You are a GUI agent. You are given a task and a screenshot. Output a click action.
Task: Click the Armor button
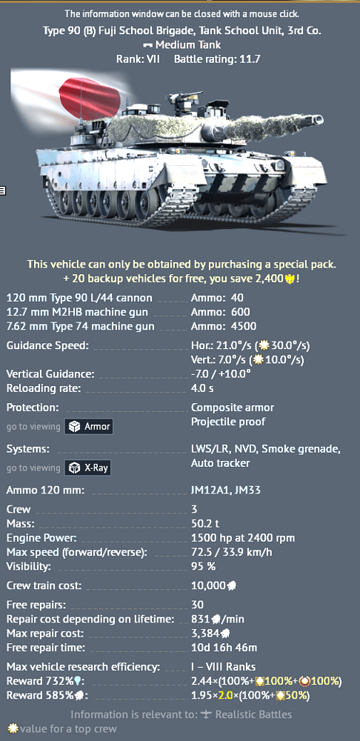click(88, 427)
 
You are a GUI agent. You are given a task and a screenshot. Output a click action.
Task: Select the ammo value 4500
click(244, 326)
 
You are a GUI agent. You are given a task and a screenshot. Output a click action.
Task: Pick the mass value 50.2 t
click(205, 524)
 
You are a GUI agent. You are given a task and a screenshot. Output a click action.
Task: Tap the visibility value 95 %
click(203, 566)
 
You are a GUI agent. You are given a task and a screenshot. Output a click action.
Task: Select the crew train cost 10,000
click(208, 586)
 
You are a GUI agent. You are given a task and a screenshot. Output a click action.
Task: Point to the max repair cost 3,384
click(205, 634)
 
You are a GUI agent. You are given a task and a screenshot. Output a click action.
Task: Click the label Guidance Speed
click(47, 345)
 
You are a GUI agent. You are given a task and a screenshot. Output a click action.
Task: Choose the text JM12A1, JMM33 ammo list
click(226, 490)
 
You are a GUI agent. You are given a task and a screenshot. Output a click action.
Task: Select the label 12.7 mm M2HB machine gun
click(77, 312)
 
